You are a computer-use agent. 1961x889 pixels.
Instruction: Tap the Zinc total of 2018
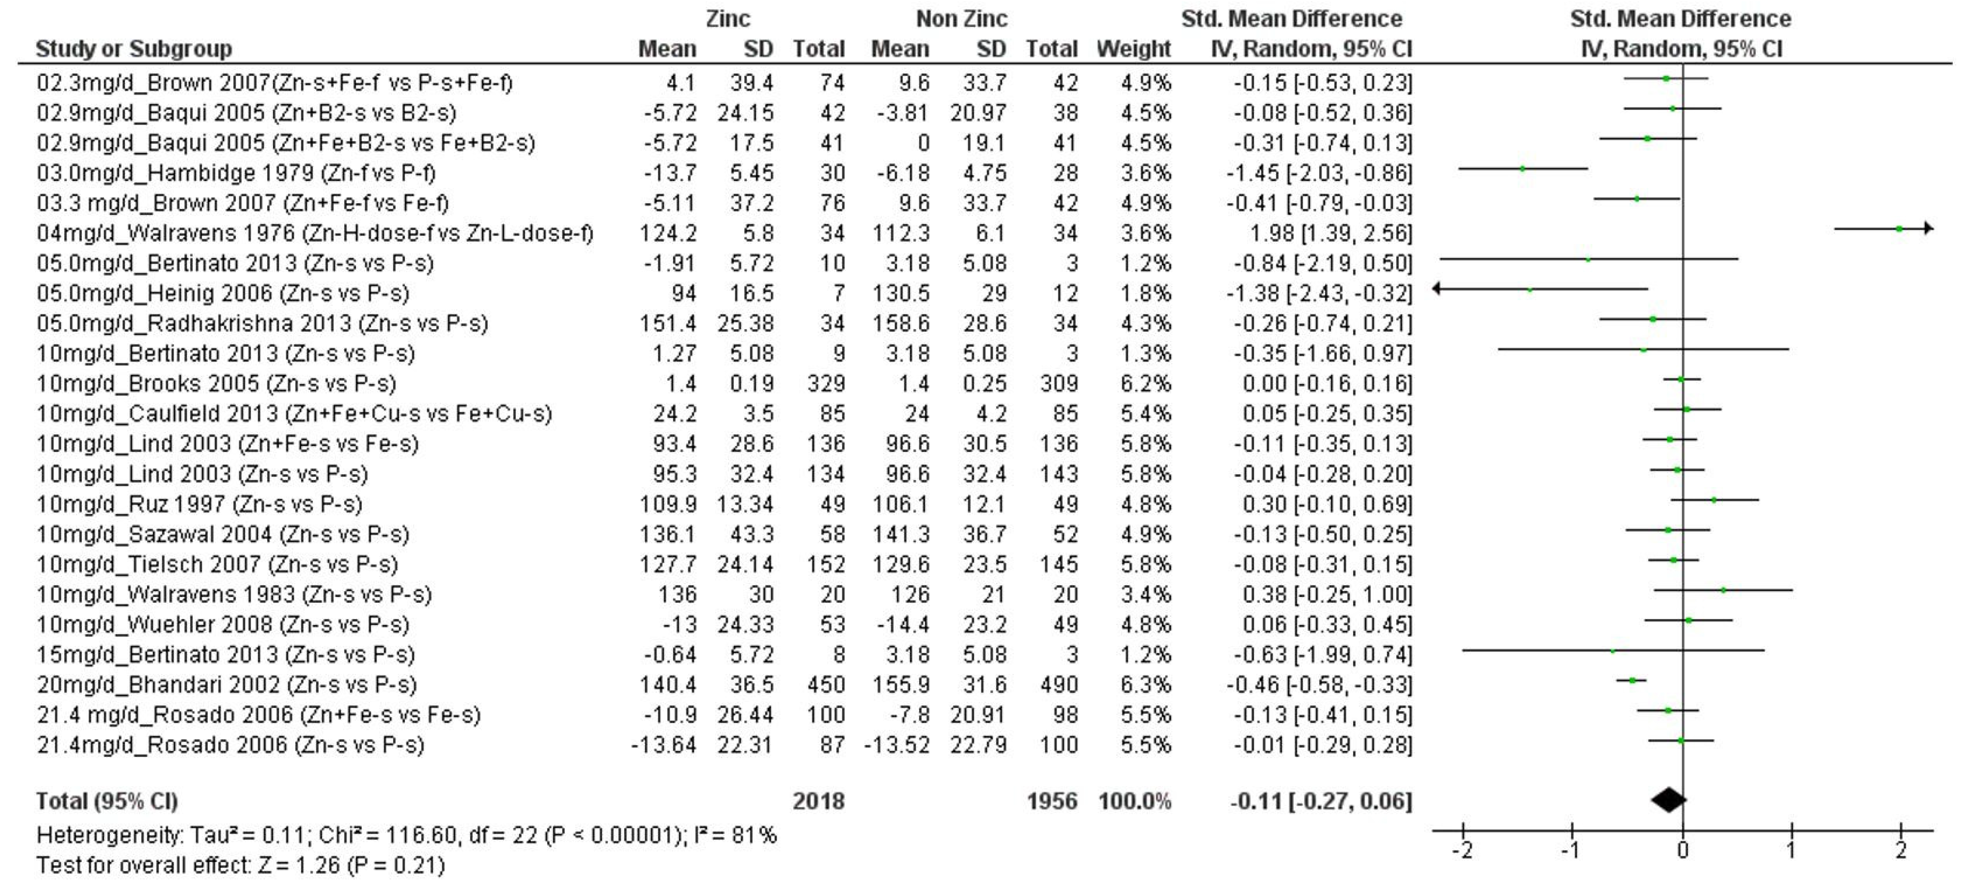coord(818,801)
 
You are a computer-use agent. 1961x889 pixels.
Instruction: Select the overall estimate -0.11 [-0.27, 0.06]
coord(1320,801)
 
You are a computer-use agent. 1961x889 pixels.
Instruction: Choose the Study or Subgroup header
coord(134,49)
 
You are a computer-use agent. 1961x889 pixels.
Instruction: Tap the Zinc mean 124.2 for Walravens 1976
coord(668,233)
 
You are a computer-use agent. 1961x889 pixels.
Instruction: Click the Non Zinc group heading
coord(961,18)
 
